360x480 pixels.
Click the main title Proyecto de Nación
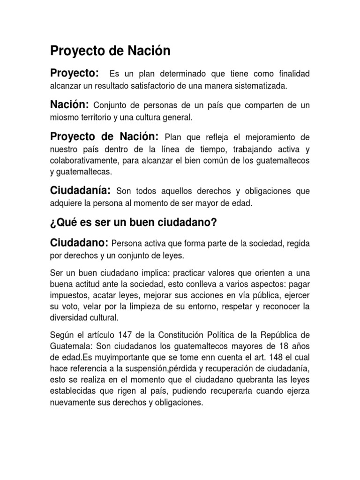coord(110,51)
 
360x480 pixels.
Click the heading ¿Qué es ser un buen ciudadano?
coord(133,224)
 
